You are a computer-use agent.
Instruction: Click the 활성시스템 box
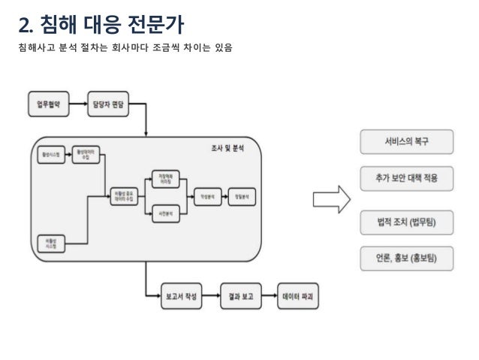(x=51, y=155)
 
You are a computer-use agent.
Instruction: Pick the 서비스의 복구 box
(x=406, y=140)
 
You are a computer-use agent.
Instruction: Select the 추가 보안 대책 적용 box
(x=406, y=178)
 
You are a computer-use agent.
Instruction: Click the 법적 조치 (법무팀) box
(x=406, y=221)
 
